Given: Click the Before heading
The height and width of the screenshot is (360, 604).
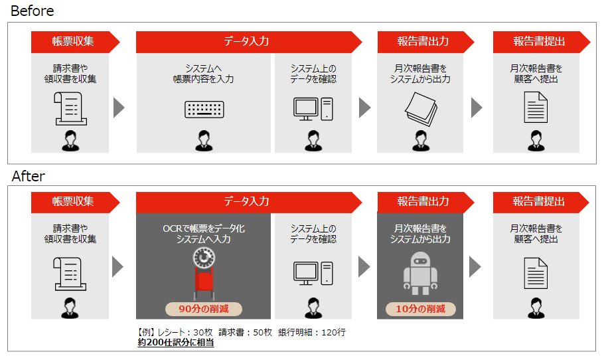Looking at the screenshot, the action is pos(33,11).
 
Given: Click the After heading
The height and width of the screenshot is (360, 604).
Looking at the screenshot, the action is pos(29,176).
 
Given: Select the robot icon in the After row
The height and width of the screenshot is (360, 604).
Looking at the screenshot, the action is pos(419,273).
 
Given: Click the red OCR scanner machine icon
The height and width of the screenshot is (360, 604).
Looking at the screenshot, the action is pos(204,272).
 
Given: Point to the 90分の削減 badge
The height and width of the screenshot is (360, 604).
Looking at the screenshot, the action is pos(204,309).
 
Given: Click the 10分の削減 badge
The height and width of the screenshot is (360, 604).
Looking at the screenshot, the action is pos(421,309).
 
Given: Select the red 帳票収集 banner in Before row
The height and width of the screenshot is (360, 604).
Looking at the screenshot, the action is pos(74,41).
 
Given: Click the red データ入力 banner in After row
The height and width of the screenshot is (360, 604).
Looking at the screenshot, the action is pos(246,201).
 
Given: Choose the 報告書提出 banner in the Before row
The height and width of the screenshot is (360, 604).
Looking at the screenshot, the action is pos(539,41).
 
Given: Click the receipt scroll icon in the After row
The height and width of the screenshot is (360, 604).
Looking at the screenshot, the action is pos(70,273).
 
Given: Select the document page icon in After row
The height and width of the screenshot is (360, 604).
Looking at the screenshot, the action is pos(536,272).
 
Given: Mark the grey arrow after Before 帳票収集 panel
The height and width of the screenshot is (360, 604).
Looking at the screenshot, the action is pos(119,108).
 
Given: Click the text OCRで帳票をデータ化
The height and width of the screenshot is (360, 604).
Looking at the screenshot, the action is pos(204,228).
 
